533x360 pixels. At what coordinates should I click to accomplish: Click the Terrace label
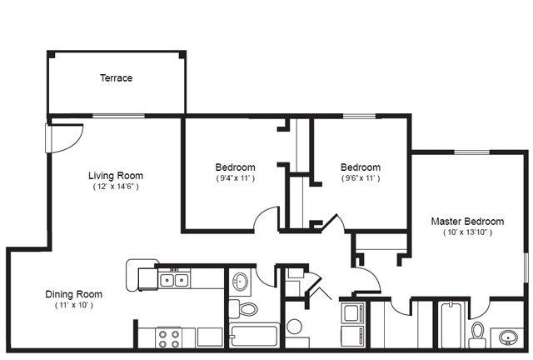(x=116, y=78)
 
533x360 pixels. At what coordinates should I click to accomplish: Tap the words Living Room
(x=116, y=176)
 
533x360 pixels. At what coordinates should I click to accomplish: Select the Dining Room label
(x=74, y=294)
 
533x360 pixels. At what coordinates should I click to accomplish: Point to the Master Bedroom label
(x=467, y=222)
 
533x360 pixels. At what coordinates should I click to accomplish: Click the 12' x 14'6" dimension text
(x=116, y=187)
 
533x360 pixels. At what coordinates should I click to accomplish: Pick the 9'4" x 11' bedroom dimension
(x=235, y=178)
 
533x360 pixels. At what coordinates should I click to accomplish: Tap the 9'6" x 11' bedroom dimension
(x=361, y=178)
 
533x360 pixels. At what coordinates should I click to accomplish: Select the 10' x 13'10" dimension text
(x=468, y=232)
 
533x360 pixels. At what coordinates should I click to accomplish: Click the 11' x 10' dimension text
(x=74, y=305)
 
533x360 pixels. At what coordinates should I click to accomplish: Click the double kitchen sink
(x=174, y=280)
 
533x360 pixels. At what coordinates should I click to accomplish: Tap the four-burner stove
(x=169, y=338)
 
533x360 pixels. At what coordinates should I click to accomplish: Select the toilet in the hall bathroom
(x=243, y=309)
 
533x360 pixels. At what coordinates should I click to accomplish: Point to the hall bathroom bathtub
(x=255, y=336)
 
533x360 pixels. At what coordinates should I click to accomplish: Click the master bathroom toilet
(x=477, y=334)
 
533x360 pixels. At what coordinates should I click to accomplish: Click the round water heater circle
(x=294, y=327)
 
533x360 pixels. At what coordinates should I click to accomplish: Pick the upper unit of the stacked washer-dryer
(x=353, y=312)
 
